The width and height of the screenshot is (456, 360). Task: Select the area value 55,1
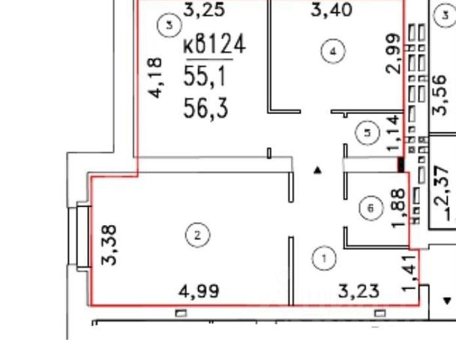pos(202,76)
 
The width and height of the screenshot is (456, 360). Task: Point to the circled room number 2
pos(196,236)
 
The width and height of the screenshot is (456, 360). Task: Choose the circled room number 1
pos(324,259)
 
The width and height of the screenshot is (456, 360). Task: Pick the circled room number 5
pos(367,133)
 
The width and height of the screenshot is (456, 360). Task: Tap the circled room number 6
pos(370,208)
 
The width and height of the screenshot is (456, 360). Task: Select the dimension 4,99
pos(199,291)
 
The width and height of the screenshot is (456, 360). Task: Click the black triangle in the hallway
pos(319,170)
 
